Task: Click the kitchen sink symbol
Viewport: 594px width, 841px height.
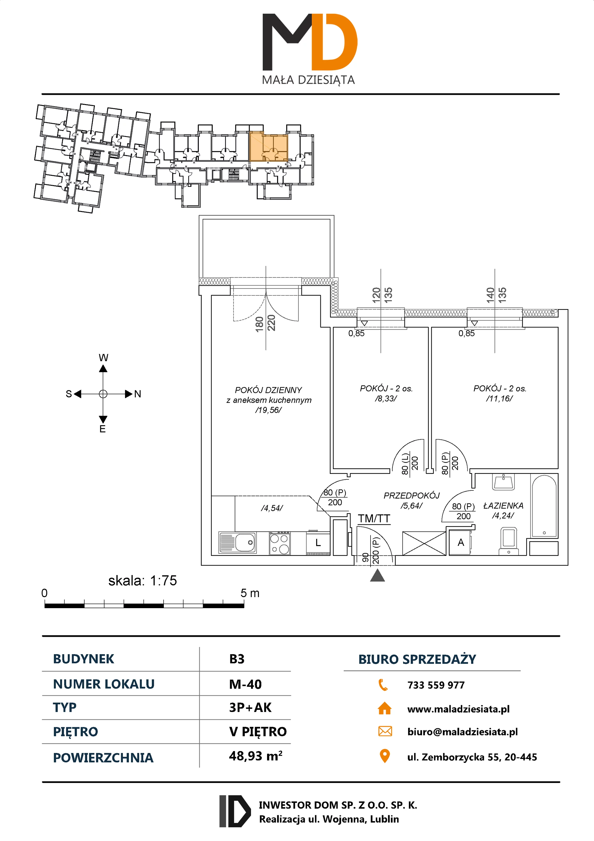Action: pyautogui.click(x=238, y=542)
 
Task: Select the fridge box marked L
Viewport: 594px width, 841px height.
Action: pyautogui.click(x=318, y=543)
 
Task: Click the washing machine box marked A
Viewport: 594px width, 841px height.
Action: pyautogui.click(x=460, y=542)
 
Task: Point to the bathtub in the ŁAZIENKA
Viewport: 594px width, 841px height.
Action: pyautogui.click(x=544, y=506)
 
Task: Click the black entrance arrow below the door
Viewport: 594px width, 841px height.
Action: pyautogui.click(x=377, y=576)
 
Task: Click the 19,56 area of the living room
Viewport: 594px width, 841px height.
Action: pyautogui.click(x=268, y=410)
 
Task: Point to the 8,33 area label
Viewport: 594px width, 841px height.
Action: pyautogui.click(x=386, y=398)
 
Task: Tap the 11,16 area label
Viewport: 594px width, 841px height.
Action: pyautogui.click(x=499, y=398)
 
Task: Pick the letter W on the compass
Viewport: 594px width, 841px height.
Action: pyautogui.click(x=103, y=357)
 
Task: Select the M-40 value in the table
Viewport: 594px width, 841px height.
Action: pyautogui.click(x=245, y=684)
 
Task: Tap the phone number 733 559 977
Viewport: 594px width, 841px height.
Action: pyautogui.click(x=436, y=685)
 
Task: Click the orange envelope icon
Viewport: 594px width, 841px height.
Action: pyautogui.click(x=385, y=731)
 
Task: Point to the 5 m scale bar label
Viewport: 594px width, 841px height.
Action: pyautogui.click(x=250, y=593)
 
